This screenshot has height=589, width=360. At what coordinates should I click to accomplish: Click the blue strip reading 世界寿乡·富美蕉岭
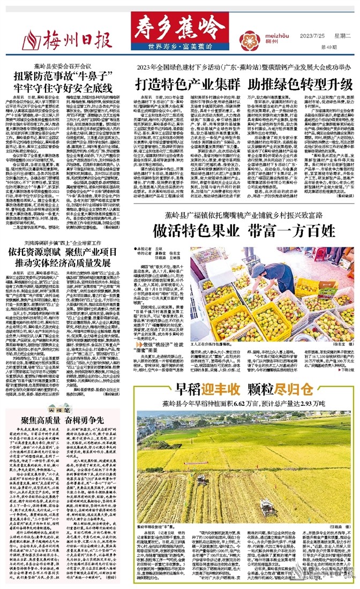[x=178, y=46]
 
